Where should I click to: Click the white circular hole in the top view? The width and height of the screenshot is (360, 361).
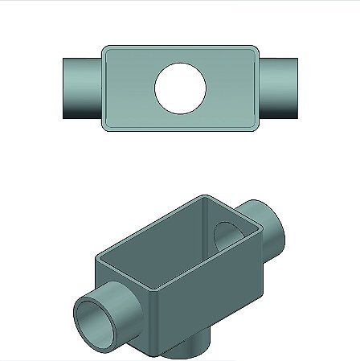(181, 88)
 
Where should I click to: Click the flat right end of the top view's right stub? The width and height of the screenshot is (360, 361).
(298, 88)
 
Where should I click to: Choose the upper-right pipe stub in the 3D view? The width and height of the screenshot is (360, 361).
(273, 228)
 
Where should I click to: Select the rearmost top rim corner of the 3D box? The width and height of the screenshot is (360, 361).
(205, 196)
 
